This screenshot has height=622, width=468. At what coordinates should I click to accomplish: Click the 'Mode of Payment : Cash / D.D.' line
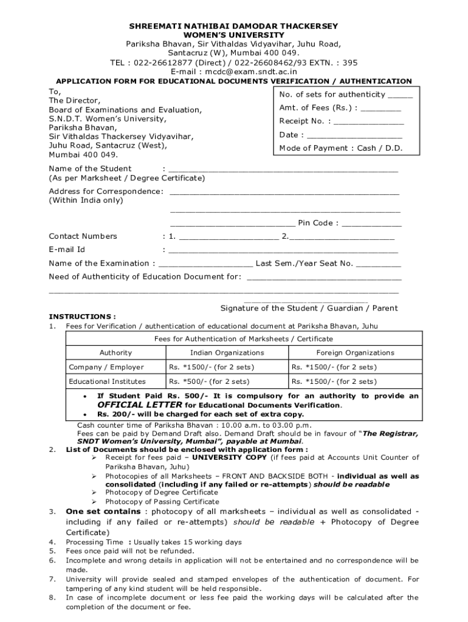[340, 148]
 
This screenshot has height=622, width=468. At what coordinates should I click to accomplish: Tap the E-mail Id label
[67, 250]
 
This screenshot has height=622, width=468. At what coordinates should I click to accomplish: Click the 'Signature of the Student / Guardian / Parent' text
[309, 308]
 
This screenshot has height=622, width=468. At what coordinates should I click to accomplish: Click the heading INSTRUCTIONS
[82, 316]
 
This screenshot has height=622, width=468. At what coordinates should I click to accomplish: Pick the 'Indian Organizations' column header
[227, 353]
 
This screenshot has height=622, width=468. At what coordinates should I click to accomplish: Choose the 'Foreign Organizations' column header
[355, 353]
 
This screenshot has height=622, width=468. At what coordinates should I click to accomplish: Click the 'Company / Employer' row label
[106, 367]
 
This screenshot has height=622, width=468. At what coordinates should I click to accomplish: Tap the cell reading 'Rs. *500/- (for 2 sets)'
[209, 381]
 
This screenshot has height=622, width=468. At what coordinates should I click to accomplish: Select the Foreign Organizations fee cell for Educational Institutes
[334, 381]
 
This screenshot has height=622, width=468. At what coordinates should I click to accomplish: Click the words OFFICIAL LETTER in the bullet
[140, 405]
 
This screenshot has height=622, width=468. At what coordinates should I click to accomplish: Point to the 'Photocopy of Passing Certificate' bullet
[162, 502]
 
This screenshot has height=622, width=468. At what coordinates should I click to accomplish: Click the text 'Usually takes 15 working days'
[187, 542]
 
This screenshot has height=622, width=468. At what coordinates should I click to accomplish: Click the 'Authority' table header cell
[115, 353]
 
